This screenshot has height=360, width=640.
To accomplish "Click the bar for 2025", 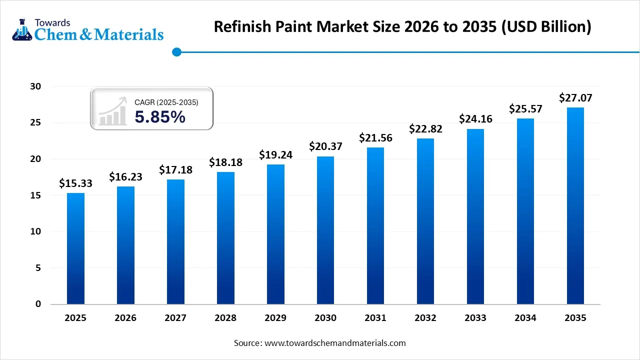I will (x=75, y=248).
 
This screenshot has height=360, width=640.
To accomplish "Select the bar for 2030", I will (x=325, y=230).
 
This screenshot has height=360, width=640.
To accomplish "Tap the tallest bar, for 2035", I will (x=575, y=205).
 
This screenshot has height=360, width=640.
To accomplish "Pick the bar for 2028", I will (x=225, y=238).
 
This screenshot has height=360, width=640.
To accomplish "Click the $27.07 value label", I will (x=575, y=97).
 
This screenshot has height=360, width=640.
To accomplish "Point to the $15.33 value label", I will (x=75, y=183).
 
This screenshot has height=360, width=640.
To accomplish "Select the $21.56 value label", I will (x=375, y=137).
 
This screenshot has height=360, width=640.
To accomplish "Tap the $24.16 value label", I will (x=475, y=119).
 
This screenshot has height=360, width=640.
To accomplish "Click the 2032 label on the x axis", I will (x=425, y=318).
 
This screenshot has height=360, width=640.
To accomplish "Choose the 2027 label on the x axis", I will (x=175, y=318).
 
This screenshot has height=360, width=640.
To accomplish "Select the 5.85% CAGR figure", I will (x=160, y=117).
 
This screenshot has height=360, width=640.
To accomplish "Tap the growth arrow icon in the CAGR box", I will (x=112, y=112).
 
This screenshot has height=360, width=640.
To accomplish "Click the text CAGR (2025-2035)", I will (x=166, y=102).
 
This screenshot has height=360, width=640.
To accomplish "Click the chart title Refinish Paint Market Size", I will (x=402, y=26).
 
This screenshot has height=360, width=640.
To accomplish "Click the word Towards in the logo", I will (x=52, y=22).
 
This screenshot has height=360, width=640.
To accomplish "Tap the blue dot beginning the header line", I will (x=176, y=51).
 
